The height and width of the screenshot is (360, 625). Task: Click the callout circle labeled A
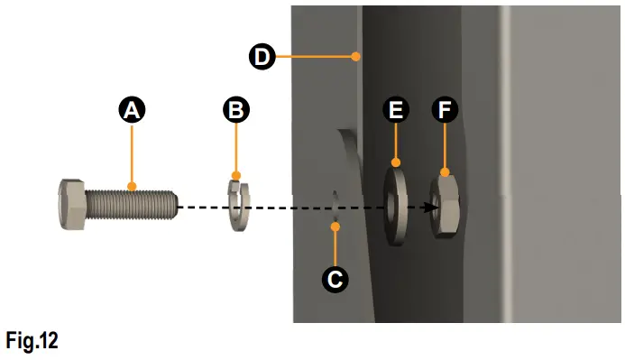132,111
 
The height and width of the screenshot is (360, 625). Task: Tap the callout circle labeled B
236,111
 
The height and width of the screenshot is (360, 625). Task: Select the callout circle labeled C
335,279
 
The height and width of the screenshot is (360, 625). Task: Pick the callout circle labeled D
262,57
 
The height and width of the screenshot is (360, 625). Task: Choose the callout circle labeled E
396,111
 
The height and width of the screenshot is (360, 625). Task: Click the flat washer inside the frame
395,204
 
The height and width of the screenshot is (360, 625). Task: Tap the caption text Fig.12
32,341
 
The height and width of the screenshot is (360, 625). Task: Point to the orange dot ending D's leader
357,57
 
